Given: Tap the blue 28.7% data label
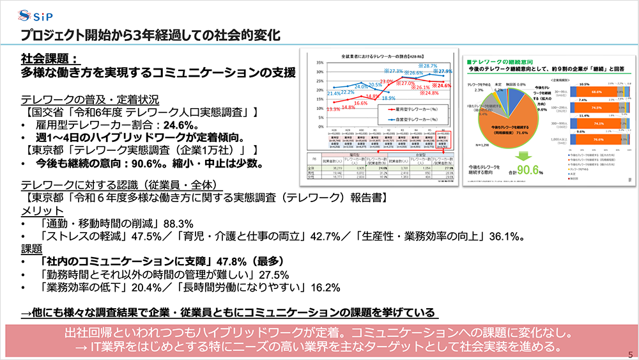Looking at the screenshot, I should (429, 66).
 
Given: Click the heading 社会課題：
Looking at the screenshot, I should (49, 58).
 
